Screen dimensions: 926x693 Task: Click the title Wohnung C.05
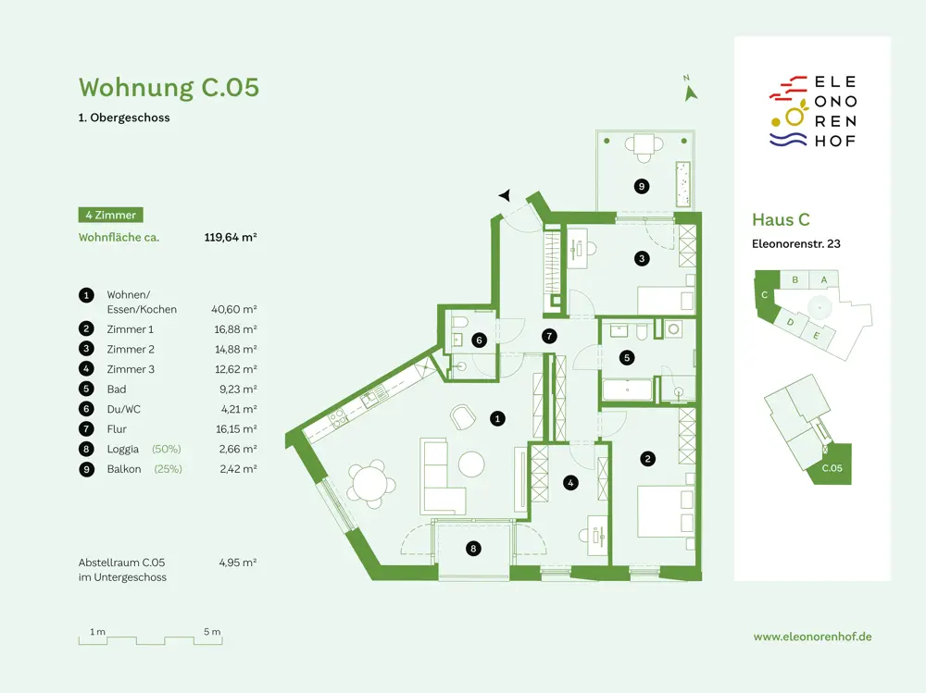169,87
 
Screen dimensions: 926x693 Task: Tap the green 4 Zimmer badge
110,215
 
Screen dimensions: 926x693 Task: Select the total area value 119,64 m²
231,237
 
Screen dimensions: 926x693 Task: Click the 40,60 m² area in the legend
234,309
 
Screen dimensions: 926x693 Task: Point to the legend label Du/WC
123,409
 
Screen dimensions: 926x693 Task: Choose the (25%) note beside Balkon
169,469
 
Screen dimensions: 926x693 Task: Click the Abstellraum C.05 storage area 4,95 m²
237,563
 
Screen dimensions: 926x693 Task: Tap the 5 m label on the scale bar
212,632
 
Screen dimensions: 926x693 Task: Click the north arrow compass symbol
690,91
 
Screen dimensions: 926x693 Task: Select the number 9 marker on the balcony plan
642,187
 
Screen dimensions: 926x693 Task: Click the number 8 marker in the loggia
473,549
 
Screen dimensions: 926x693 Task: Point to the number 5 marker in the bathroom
627,357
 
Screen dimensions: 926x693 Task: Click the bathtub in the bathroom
627,390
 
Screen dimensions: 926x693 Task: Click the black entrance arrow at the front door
505,195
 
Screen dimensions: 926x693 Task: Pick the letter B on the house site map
795,279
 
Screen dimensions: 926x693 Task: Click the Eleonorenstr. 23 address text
796,243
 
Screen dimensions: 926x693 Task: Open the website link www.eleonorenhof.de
813,637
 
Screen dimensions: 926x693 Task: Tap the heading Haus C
781,219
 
